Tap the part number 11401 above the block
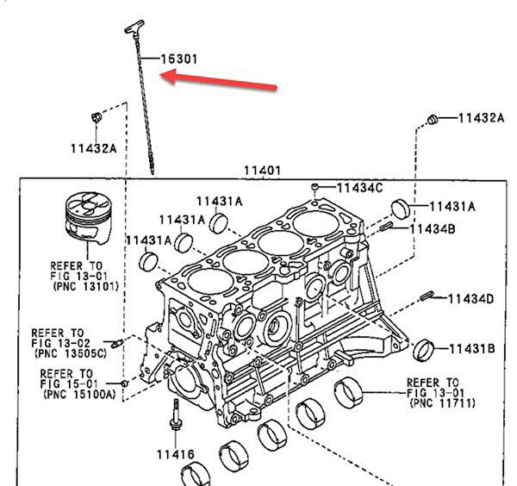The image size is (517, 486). pyautogui.click(x=261, y=171)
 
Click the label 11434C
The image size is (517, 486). pyautogui.click(x=359, y=187)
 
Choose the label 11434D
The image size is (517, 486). pyautogui.click(x=470, y=299)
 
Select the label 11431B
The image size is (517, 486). pyautogui.click(x=470, y=349)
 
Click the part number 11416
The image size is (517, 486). pyautogui.click(x=175, y=454)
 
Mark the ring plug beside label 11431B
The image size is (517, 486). pyautogui.click(x=423, y=351)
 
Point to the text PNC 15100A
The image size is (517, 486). pyautogui.click(x=82, y=394)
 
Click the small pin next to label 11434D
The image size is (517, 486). pyautogui.click(x=427, y=297)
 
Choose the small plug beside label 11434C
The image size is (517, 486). pyautogui.click(x=317, y=186)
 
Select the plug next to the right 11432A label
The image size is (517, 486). pyautogui.click(x=434, y=117)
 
